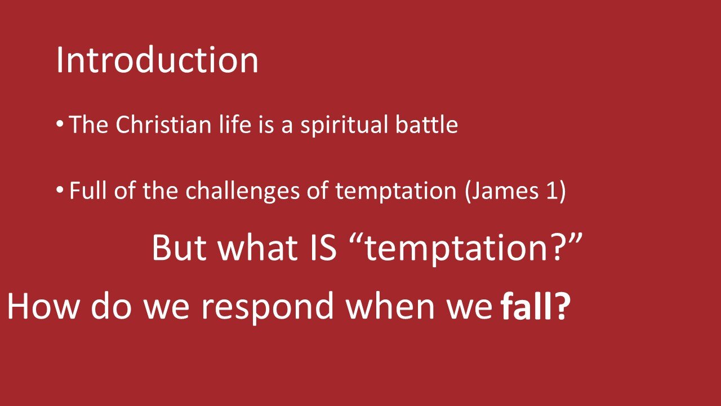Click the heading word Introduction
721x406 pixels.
tap(157, 60)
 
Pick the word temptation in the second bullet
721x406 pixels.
tap(395, 192)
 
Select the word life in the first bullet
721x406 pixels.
tap(235, 125)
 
